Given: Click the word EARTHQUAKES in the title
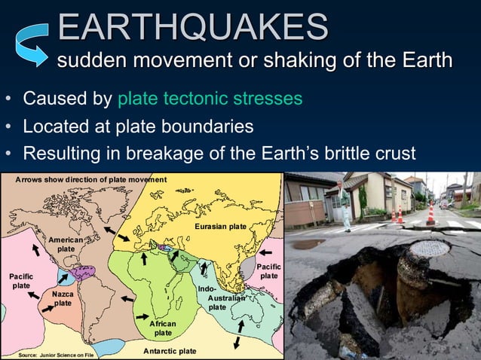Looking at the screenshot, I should [x=192, y=27].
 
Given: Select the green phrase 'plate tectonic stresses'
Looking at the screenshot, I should [x=210, y=99].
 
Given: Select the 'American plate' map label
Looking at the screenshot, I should [x=66, y=243].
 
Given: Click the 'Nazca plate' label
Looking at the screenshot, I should [x=63, y=298].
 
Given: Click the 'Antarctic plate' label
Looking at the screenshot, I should [x=170, y=351].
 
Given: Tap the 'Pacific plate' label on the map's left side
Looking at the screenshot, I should [x=20, y=281].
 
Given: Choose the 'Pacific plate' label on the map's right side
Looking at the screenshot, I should [x=268, y=271].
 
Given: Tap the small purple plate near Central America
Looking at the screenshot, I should [x=83, y=273].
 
